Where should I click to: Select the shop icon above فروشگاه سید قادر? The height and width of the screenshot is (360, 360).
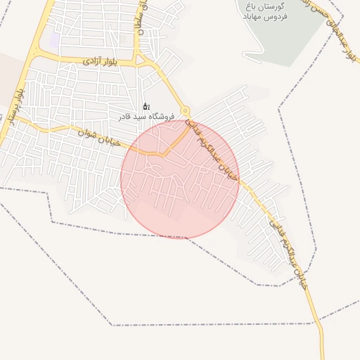coord(146,106)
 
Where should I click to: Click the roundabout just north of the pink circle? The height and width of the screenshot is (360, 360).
coord(186,111)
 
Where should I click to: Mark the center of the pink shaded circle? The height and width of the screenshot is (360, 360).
coord(180,179)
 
